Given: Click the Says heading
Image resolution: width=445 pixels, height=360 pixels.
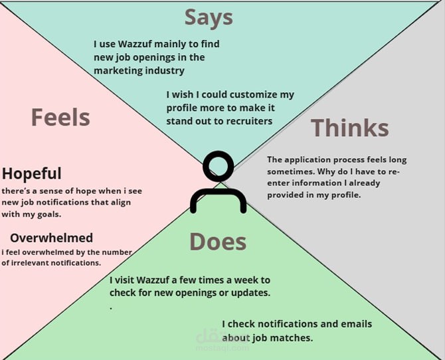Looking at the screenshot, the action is point(209,18).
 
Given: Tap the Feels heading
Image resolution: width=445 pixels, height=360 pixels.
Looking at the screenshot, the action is point(60,117).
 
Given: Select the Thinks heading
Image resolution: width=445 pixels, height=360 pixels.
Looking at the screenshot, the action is point(349,128).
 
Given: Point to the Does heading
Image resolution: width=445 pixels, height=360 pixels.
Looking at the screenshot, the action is point(218,242).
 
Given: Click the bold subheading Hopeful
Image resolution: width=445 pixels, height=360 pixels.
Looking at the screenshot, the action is point(31,173).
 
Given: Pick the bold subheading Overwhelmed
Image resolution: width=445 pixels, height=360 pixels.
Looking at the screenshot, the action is point(51,238).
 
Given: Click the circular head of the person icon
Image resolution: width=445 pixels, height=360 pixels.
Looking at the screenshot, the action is point(219,166).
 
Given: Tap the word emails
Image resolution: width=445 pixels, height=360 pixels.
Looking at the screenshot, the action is point(357,324).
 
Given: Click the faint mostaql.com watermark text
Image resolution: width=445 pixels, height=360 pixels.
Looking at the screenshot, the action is point(222,347).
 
